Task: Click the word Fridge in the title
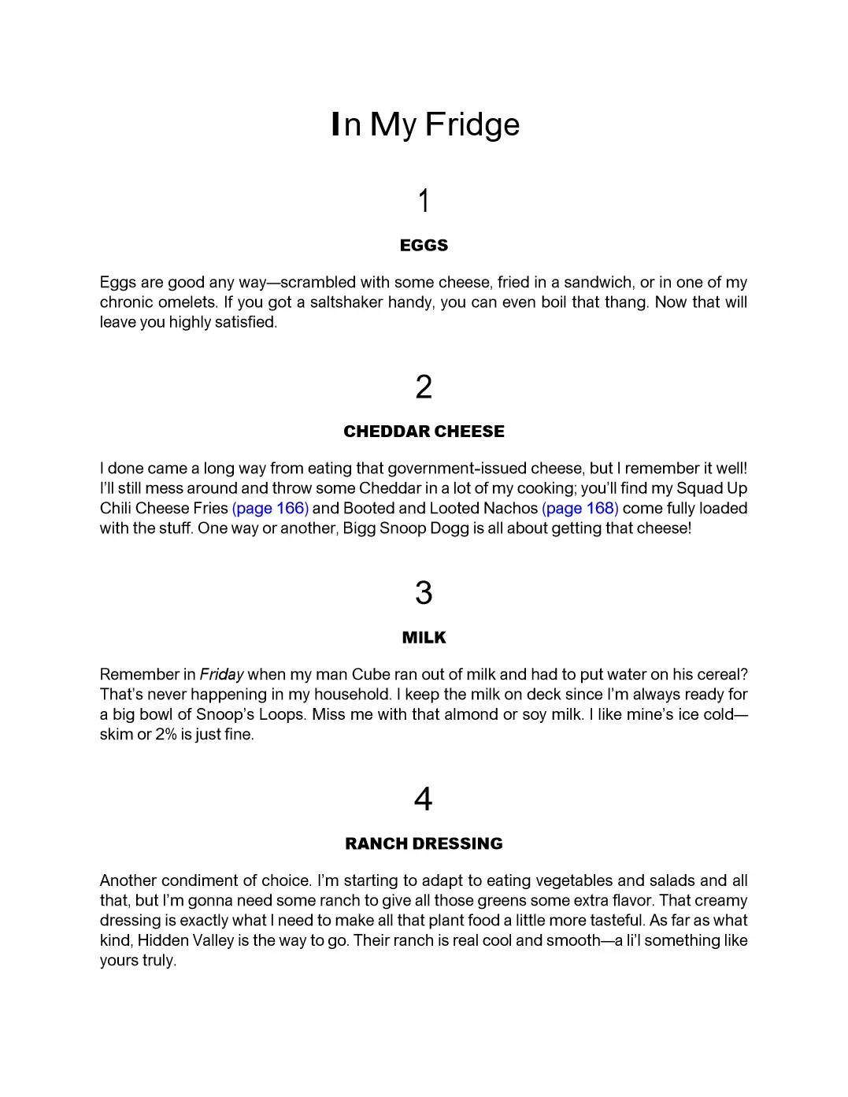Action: click(x=472, y=124)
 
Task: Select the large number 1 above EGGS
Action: click(x=424, y=201)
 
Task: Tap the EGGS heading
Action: click(x=424, y=246)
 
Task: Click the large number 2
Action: click(x=424, y=387)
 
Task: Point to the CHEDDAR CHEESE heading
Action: click(x=424, y=432)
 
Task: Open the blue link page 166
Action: click(x=270, y=508)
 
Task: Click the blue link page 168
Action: click(x=580, y=508)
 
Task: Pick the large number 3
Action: click(x=424, y=593)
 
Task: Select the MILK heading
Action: click(x=424, y=638)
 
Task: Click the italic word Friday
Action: click(x=221, y=674)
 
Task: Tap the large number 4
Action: click(x=424, y=799)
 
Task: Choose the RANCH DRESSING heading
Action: click(x=424, y=844)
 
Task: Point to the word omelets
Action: click(x=187, y=302)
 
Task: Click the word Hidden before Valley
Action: click(x=163, y=940)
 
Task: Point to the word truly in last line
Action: click(x=159, y=961)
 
